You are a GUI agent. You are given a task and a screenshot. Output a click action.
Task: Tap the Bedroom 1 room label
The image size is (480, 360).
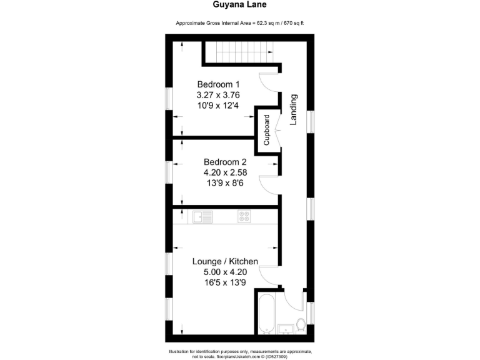point(218,84)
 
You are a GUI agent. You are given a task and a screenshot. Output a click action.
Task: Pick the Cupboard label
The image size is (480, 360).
point(267,131)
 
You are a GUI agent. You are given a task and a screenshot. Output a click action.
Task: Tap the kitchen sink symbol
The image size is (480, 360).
point(202,217)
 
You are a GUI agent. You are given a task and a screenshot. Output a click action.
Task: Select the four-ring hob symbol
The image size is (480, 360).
point(244,217)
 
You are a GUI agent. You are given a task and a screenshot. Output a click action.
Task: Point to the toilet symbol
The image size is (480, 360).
point(301,325)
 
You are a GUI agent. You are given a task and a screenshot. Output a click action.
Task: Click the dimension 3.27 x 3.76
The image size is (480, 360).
point(218,95)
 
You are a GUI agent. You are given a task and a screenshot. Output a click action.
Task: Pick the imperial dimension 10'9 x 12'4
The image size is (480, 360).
point(218,106)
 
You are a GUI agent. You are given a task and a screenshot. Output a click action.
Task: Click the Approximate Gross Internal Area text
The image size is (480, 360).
point(241,23)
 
